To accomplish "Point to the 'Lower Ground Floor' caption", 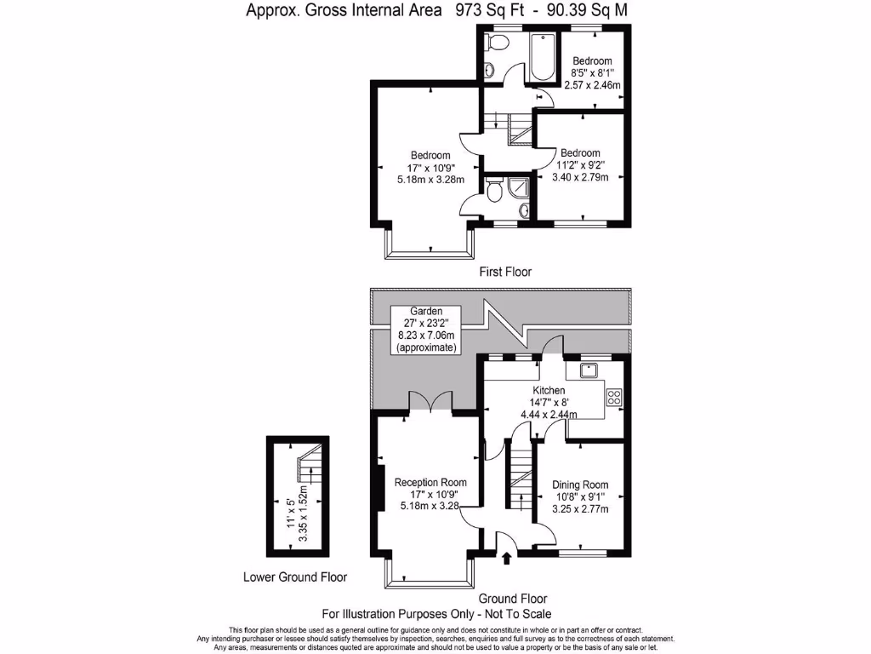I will pos(295,577).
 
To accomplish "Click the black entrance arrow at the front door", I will pos(507,559).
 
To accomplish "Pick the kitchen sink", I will pos(588,370).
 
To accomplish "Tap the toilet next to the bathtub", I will pos(488,69).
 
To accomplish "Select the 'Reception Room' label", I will pos(430,482).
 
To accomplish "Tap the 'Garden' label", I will pos(425,312).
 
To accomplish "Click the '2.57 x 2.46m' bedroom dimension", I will pos(592,85).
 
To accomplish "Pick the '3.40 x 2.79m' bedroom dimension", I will pos(580,178).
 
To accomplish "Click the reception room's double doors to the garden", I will pos(430,403).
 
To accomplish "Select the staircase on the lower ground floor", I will pos(308,468).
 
